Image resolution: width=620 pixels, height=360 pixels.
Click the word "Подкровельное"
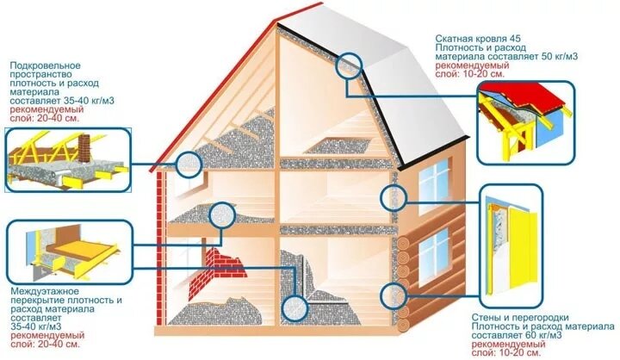click(x=45, y=65)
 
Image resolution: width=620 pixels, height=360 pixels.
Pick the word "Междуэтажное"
click(x=39, y=290)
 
